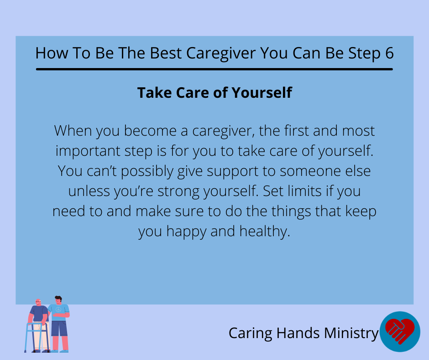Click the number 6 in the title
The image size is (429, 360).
(389, 53)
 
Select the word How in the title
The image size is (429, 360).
(52, 53)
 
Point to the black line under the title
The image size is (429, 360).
(214, 69)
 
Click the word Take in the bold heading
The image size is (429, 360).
(155, 93)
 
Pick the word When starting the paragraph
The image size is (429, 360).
(73, 131)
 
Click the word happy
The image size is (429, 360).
(186, 232)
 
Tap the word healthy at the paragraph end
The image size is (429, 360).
(265, 232)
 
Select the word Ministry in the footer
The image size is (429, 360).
(351, 334)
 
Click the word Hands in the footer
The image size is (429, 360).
(298, 333)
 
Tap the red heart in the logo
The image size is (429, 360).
(400, 330)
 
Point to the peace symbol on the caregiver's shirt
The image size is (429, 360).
(58, 310)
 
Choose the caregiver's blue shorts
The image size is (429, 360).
(59, 328)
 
